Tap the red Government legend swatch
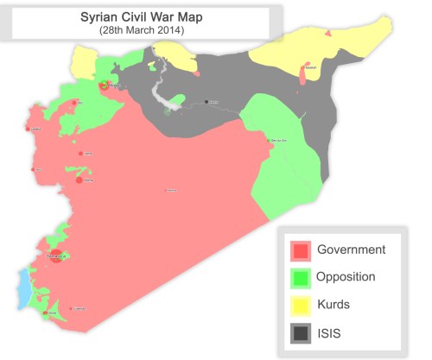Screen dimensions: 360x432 (x=301, y=250)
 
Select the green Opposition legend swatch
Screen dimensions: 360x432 (x=301, y=278)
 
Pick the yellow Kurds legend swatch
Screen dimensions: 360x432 (x=301, y=306)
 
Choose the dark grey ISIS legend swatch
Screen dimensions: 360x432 (x=301, y=333)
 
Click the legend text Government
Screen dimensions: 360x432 (x=351, y=250)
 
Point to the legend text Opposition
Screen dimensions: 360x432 (x=346, y=278)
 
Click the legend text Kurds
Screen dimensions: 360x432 (x=334, y=306)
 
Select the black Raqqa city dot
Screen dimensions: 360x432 (x=207, y=102)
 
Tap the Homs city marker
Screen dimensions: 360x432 (x=79, y=180)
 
